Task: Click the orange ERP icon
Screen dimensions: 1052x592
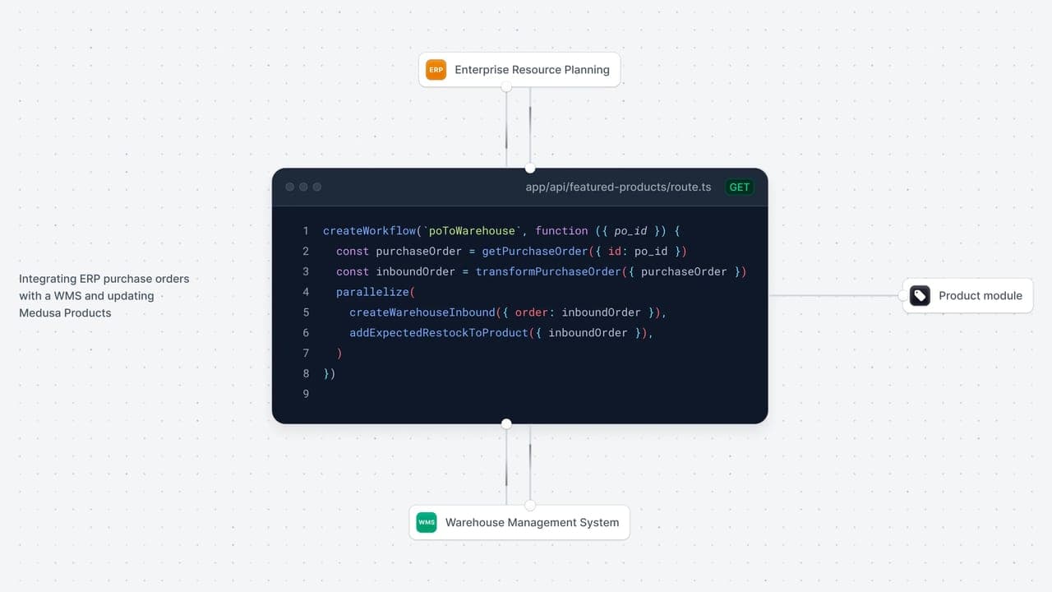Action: pyautogui.click(x=436, y=70)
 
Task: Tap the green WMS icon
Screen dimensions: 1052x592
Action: pyautogui.click(x=427, y=522)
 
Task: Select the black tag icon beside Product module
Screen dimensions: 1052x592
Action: pyautogui.click(x=920, y=295)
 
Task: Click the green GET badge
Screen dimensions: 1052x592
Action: pyautogui.click(x=739, y=187)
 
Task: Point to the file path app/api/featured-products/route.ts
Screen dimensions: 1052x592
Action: pyautogui.click(x=618, y=187)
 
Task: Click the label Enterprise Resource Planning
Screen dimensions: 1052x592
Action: pyautogui.click(x=532, y=70)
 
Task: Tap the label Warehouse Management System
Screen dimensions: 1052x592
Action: pyautogui.click(x=532, y=522)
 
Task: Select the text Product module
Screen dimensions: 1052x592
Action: pyautogui.click(x=980, y=295)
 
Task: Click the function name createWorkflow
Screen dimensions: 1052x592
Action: pyautogui.click(x=369, y=231)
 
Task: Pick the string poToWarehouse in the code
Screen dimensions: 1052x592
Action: pyautogui.click(x=472, y=231)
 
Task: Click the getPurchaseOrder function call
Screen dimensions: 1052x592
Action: pyautogui.click(x=535, y=252)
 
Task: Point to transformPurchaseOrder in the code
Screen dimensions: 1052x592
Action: pyautogui.click(x=548, y=271)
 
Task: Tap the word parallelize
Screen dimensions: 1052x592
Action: pyautogui.click(x=372, y=292)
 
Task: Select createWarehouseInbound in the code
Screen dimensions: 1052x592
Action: pyautogui.click(x=422, y=312)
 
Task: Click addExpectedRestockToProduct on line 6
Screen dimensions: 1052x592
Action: pyautogui.click(x=439, y=333)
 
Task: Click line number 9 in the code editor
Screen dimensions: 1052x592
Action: pyautogui.click(x=306, y=394)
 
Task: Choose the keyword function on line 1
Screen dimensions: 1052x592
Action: pyautogui.click(x=561, y=231)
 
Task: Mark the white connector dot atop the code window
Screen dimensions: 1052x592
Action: pyautogui.click(x=530, y=169)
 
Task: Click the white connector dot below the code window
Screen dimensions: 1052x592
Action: pyautogui.click(x=506, y=423)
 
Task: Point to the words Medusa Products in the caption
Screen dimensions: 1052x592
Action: pyautogui.click(x=65, y=313)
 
